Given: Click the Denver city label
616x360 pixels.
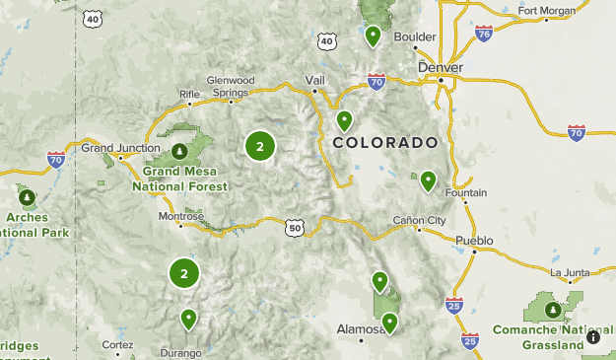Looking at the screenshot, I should click(x=439, y=67).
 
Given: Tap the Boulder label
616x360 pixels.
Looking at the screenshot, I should click(x=414, y=36).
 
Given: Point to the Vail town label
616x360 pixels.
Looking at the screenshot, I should click(x=314, y=79).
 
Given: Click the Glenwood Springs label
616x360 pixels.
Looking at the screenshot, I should click(x=231, y=86).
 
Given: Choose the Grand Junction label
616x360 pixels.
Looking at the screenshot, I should click(x=119, y=148).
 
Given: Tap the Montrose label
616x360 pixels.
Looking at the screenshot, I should click(x=181, y=216).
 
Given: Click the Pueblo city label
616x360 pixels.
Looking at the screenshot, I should click(x=475, y=240).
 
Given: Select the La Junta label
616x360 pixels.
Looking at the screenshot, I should click(x=569, y=272).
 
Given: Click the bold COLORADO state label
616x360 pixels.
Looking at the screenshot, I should click(x=384, y=143).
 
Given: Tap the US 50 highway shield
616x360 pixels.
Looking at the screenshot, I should click(x=295, y=228).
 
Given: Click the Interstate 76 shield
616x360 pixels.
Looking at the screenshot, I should click(x=483, y=34).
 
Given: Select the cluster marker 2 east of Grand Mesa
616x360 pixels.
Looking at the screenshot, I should click(x=260, y=147).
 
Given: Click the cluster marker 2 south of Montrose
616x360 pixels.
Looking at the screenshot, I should click(x=184, y=273).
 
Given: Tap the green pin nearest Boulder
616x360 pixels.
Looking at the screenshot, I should click(x=373, y=36).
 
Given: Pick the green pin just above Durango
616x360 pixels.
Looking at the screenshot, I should click(x=188, y=318).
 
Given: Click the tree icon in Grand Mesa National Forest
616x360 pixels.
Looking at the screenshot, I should click(x=179, y=151).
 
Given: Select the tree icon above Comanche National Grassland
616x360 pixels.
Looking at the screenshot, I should click(x=554, y=310).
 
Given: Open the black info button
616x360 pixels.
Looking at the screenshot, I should click(x=592, y=337).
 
